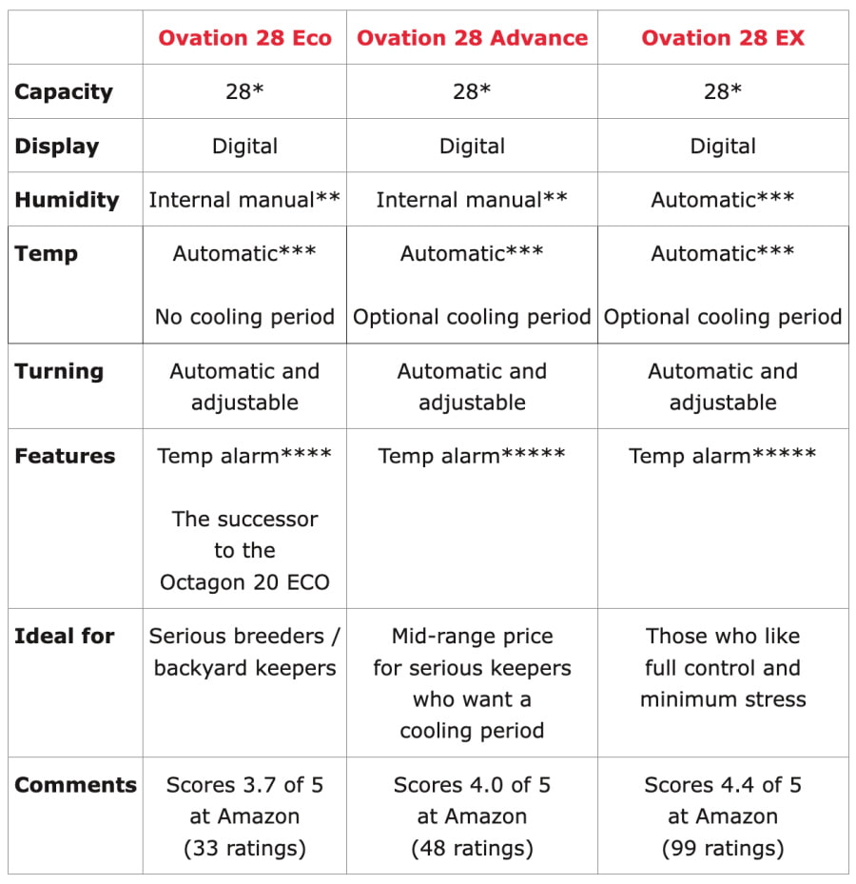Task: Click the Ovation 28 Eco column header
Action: pyautogui.click(x=244, y=38)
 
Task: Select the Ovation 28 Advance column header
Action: pyautogui.click(x=472, y=38)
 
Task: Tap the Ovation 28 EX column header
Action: pyautogui.click(x=723, y=38)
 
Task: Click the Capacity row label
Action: pyautogui.click(x=64, y=92)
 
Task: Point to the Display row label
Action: pyautogui.click(x=57, y=147)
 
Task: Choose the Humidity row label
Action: pyautogui.click(x=67, y=200)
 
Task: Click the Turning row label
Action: pyautogui.click(x=59, y=371)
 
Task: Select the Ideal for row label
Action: pyautogui.click(x=65, y=636)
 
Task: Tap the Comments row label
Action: pyautogui.click(x=76, y=785)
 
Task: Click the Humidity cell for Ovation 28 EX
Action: pyautogui.click(x=723, y=200)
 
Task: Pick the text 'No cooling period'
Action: pyautogui.click(x=244, y=317)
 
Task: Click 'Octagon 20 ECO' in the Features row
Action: pyautogui.click(x=244, y=582)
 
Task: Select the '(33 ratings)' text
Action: pyautogui.click(x=244, y=848)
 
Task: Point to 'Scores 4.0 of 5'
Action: pyautogui.click(x=472, y=785)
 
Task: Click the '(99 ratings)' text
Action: pyautogui.click(x=723, y=848)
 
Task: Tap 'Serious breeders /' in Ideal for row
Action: pyautogui.click(x=244, y=636)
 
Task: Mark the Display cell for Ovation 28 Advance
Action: pyautogui.click(x=472, y=147)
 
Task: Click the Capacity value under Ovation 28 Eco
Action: pyautogui.click(x=244, y=92)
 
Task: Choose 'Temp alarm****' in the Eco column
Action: pyautogui.click(x=244, y=456)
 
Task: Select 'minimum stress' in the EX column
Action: pyautogui.click(x=723, y=699)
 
